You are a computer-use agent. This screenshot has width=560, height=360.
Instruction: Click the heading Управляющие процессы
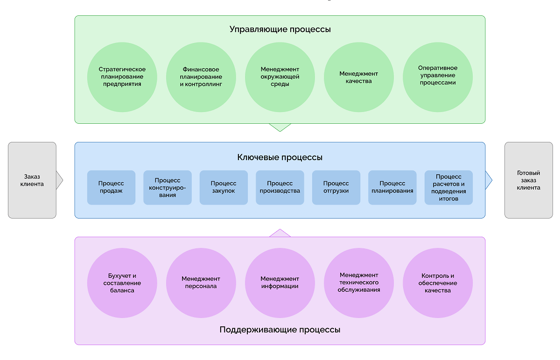coord(280,29)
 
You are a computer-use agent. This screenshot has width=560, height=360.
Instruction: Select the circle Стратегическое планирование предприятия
coord(122,77)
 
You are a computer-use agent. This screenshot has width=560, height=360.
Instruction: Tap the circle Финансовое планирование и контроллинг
coord(201,77)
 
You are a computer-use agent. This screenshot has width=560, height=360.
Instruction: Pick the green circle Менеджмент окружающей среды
coord(280,77)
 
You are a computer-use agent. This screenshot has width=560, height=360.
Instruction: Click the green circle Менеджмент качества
coord(359,77)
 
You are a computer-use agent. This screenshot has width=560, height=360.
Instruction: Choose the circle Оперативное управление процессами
coord(438,77)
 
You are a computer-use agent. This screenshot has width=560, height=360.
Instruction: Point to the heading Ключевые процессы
coord(280,157)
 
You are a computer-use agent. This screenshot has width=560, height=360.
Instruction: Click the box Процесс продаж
coord(111,187)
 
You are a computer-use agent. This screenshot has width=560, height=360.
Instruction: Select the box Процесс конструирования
coord(168,187)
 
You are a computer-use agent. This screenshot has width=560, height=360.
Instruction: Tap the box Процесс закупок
coord(224,187)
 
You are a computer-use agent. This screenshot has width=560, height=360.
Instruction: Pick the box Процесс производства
coord(280,187)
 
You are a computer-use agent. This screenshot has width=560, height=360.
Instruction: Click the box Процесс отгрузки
coord(336,187)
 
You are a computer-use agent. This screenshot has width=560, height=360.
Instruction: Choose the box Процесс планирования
coord(392,187)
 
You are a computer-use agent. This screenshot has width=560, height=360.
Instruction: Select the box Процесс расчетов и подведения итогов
coord(448,187)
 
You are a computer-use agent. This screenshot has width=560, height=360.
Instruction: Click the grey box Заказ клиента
coord(32,180)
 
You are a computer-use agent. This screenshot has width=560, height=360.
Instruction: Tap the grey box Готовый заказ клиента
coord(528,180)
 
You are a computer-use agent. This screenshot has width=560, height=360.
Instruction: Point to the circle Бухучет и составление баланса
coord(122,283)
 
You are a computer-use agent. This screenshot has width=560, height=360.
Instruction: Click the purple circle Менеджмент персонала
coord(201,283)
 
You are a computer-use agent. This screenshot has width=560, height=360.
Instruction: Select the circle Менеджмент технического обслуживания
coord(359,283)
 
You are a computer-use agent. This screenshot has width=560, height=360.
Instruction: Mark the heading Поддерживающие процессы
coord(280,330)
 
